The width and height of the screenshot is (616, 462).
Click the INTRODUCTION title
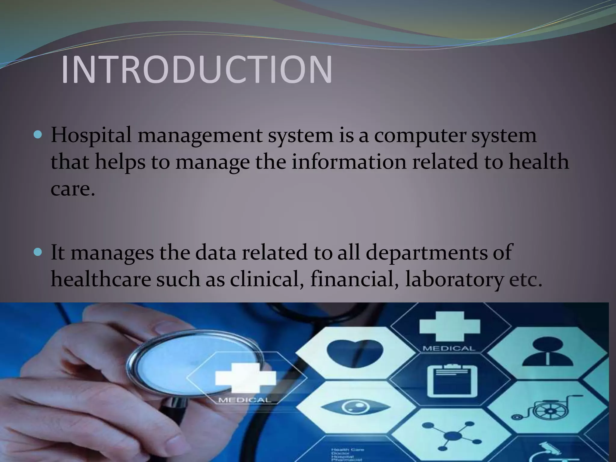tap(197, 69)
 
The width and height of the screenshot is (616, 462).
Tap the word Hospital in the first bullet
tap(91, 135)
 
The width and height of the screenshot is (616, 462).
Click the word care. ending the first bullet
tap(72, 189)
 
